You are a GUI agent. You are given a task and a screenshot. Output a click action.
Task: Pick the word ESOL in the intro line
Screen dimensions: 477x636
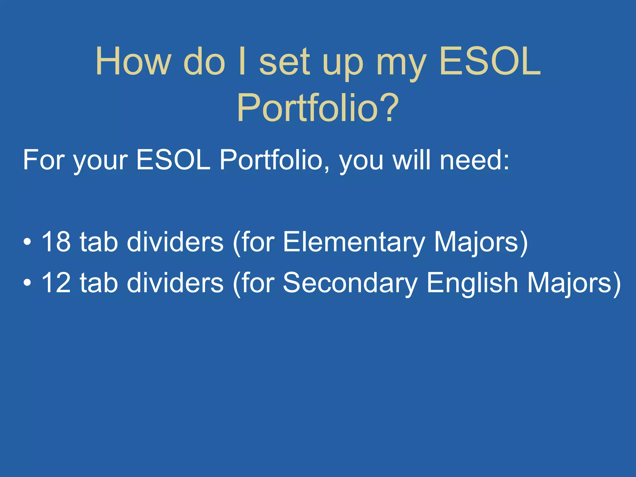tap(173, 160)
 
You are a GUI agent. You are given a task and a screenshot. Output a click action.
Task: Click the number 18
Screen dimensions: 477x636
tap(56, 242)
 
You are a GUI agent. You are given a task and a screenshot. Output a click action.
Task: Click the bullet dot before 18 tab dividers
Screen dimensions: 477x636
tap(27, 242)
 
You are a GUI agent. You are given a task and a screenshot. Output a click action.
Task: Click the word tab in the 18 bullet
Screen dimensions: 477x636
tap(99, 242)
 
